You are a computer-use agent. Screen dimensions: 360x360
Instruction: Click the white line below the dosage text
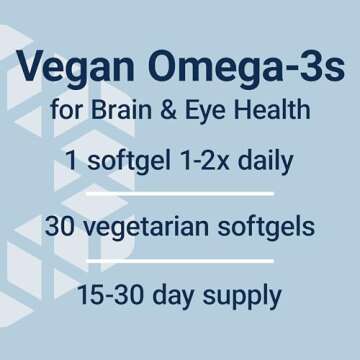(x=180, y=192)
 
